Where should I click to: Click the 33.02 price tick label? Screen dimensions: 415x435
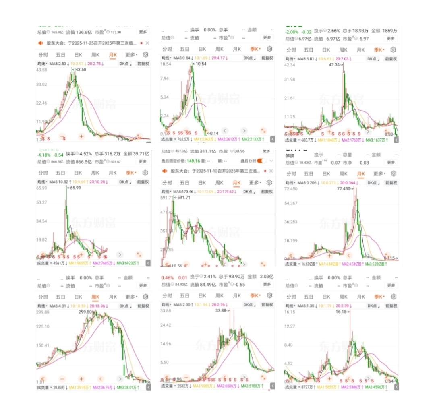42,85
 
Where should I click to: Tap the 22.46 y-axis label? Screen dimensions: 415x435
42,103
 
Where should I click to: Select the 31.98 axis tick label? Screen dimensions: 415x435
290,79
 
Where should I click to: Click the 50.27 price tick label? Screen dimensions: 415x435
42,202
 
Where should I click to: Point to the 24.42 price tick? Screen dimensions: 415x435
166,325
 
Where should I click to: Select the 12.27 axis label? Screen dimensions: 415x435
290,326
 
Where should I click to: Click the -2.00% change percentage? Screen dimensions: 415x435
292,31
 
